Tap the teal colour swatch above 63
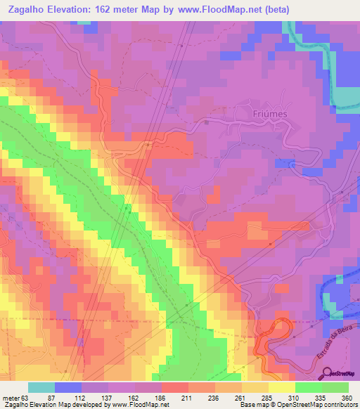coord(41,387)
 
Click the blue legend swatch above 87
coord(68,387)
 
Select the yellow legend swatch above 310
coord(282,387)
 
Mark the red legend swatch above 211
coord(175,387)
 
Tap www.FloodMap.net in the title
coord(188,9)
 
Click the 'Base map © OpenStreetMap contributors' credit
coord(297,405)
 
